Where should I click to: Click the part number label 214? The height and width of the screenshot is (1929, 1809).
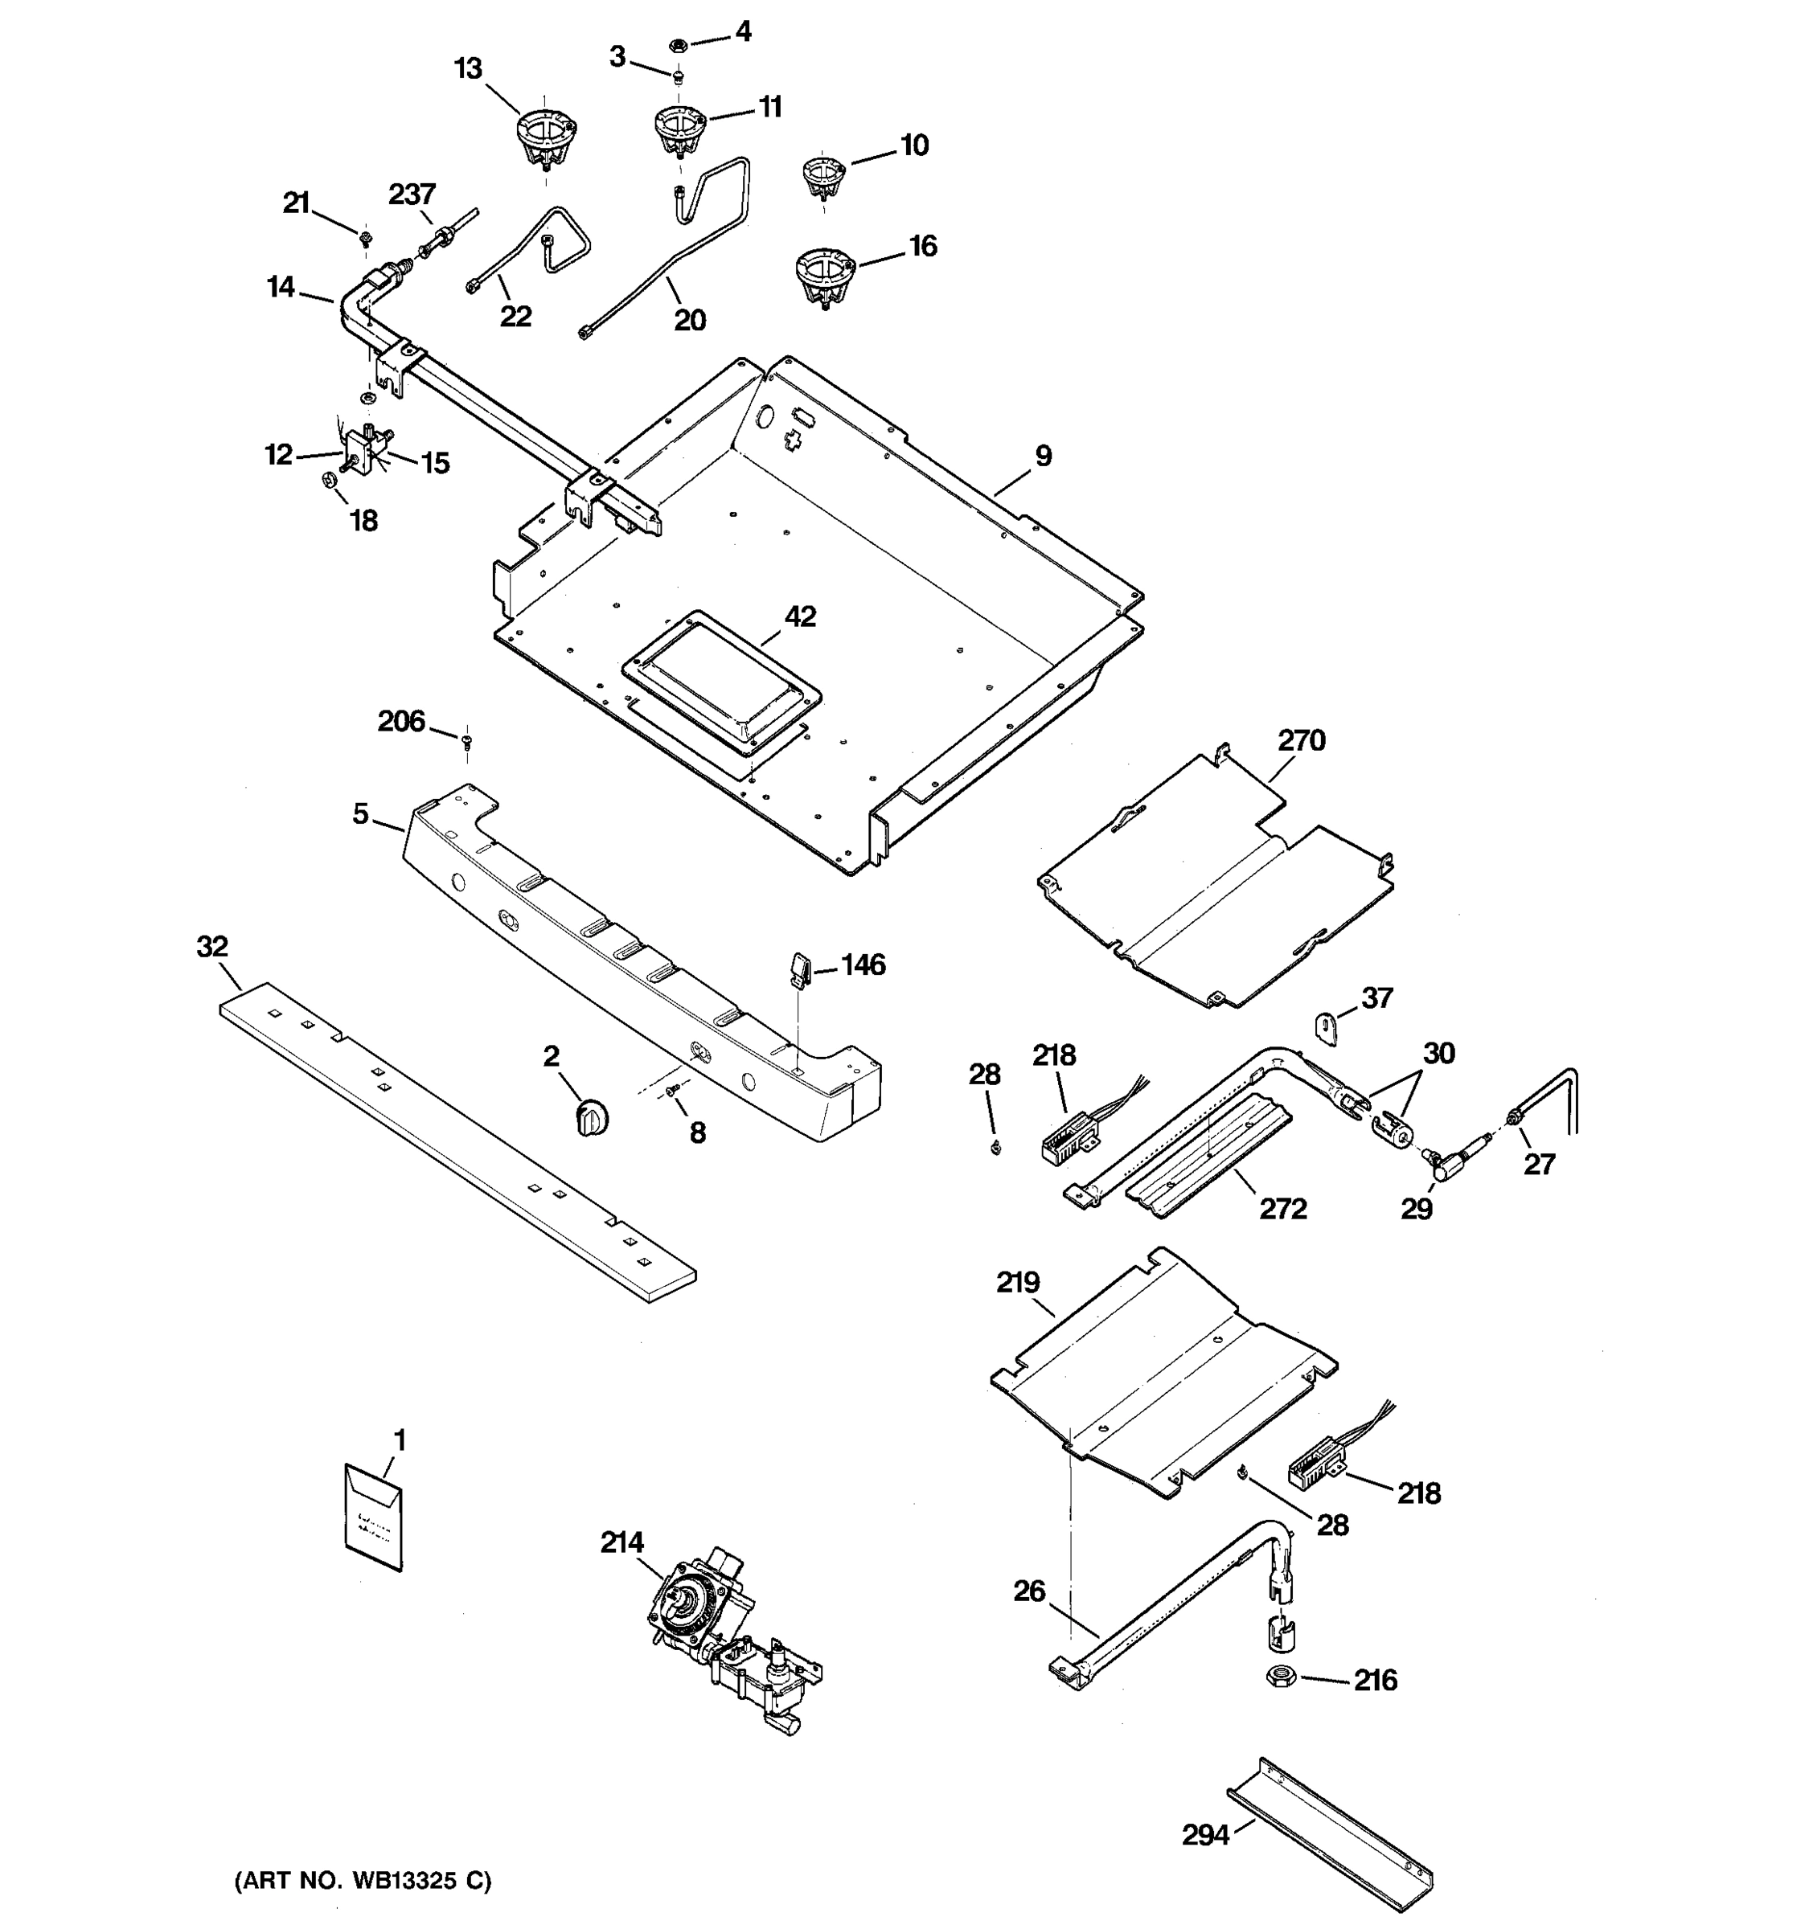[621, 1542]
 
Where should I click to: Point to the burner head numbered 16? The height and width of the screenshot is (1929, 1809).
[825, 275]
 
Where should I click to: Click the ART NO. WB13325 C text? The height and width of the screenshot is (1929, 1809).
[363, 1882]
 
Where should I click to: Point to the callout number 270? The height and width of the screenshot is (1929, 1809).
[1300, 740]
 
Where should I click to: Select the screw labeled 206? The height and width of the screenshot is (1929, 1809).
[467, 743]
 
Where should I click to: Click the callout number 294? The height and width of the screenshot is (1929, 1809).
[1204, 1835]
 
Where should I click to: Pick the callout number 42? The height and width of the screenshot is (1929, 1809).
[800, 616]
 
